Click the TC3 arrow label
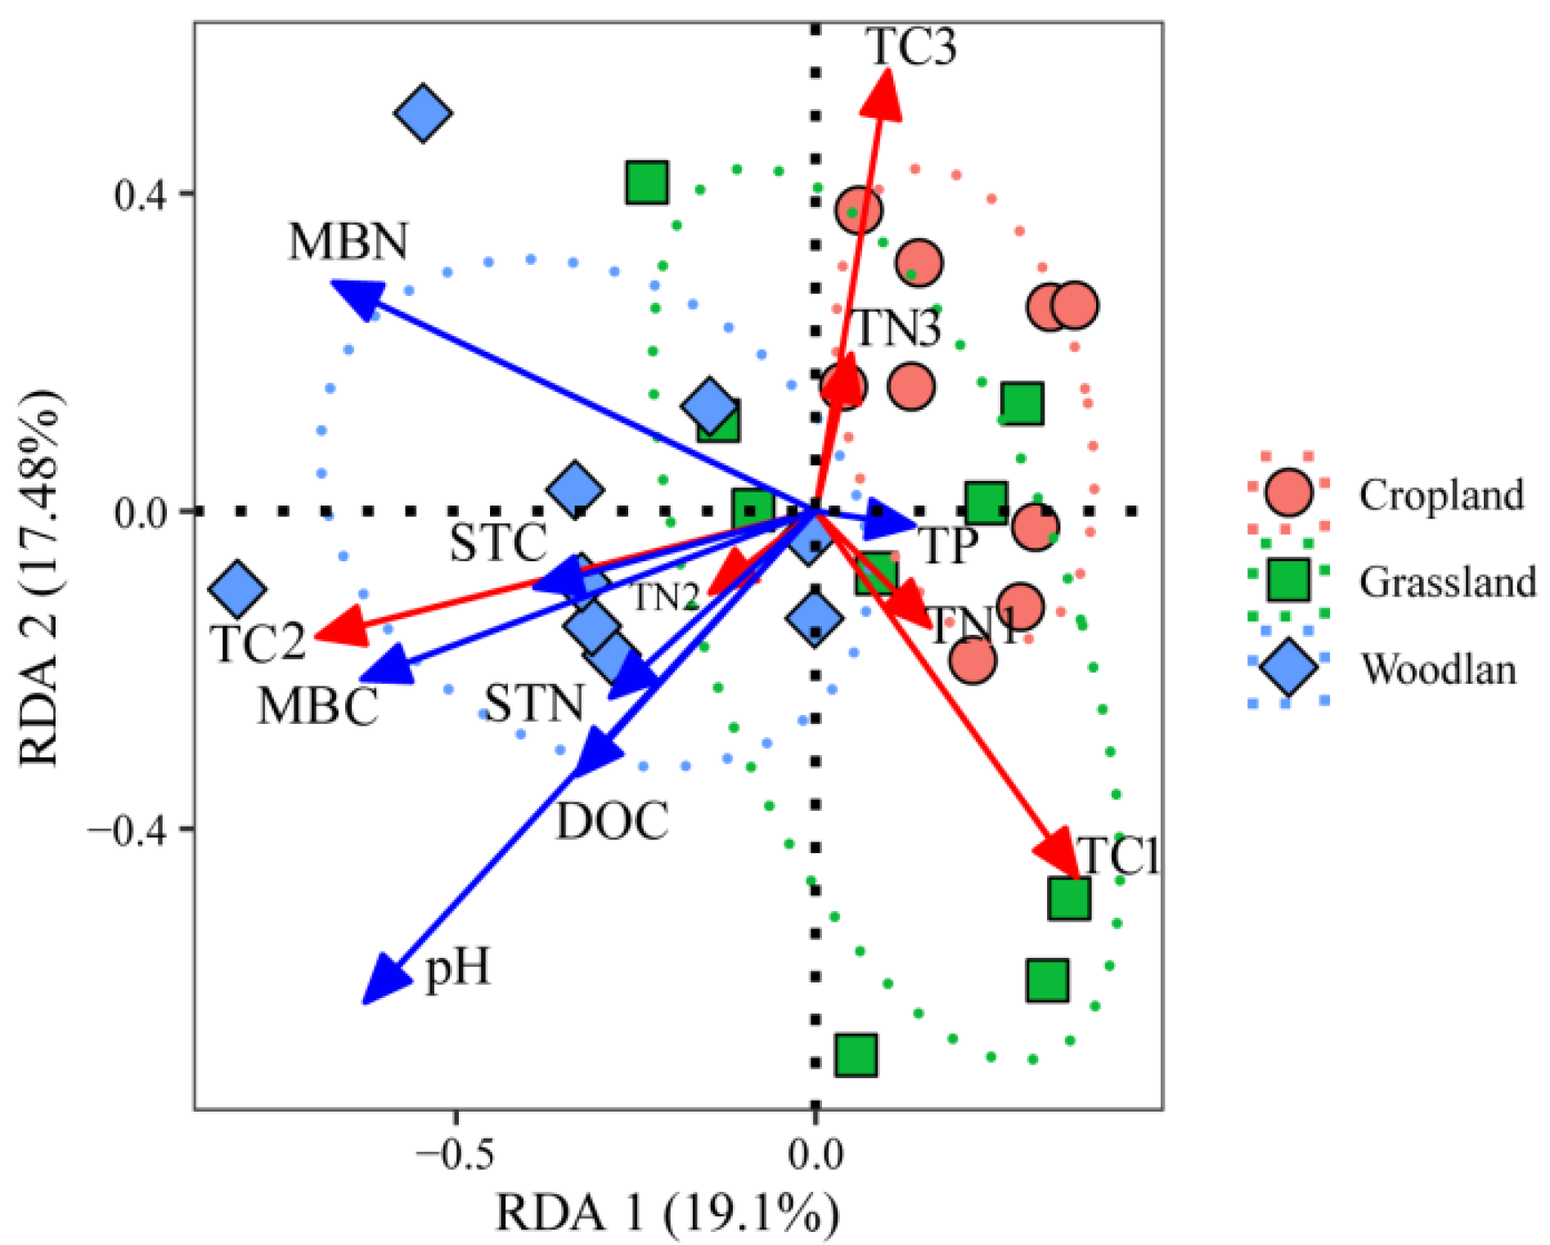[x=910, y=46]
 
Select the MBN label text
[x=348, y=242]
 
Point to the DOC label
[x=612, y=820]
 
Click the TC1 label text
[x=1118, y=856]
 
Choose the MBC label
[x=319, y=706]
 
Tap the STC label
[x=498, y=542]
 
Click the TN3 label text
[x=896, y=328]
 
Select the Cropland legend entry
[x=1441, y=495]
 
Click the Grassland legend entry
[x=1447, y=582]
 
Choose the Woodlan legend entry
[x=1438, y=668]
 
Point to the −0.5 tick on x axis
[x=455, y=1154]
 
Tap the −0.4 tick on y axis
[x=129, y=829]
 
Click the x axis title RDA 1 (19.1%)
[x=667, y=1212]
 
